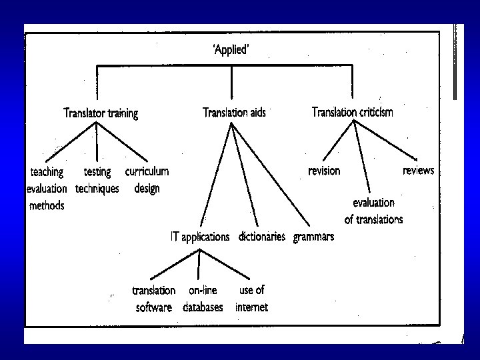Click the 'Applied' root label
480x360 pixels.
[231, 49]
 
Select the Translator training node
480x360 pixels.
[101, 113]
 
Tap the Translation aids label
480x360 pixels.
[234, 113]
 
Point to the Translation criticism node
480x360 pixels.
[353, 112]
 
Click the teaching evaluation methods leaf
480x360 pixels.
[46, 189]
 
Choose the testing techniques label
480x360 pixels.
[97, 180]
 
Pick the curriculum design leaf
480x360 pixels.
[147, 180]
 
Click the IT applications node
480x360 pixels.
[201, 237]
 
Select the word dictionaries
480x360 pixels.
[261, 237]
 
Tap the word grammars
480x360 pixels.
[313, 237]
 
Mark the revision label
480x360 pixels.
[324, 171]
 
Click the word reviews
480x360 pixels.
[418, 171]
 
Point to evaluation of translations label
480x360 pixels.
[373, 210]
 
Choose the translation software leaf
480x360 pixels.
[154, 299]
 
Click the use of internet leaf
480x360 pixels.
[251, 299]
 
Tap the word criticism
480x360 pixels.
[372, 112]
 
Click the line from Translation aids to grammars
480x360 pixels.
[269, 175]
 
